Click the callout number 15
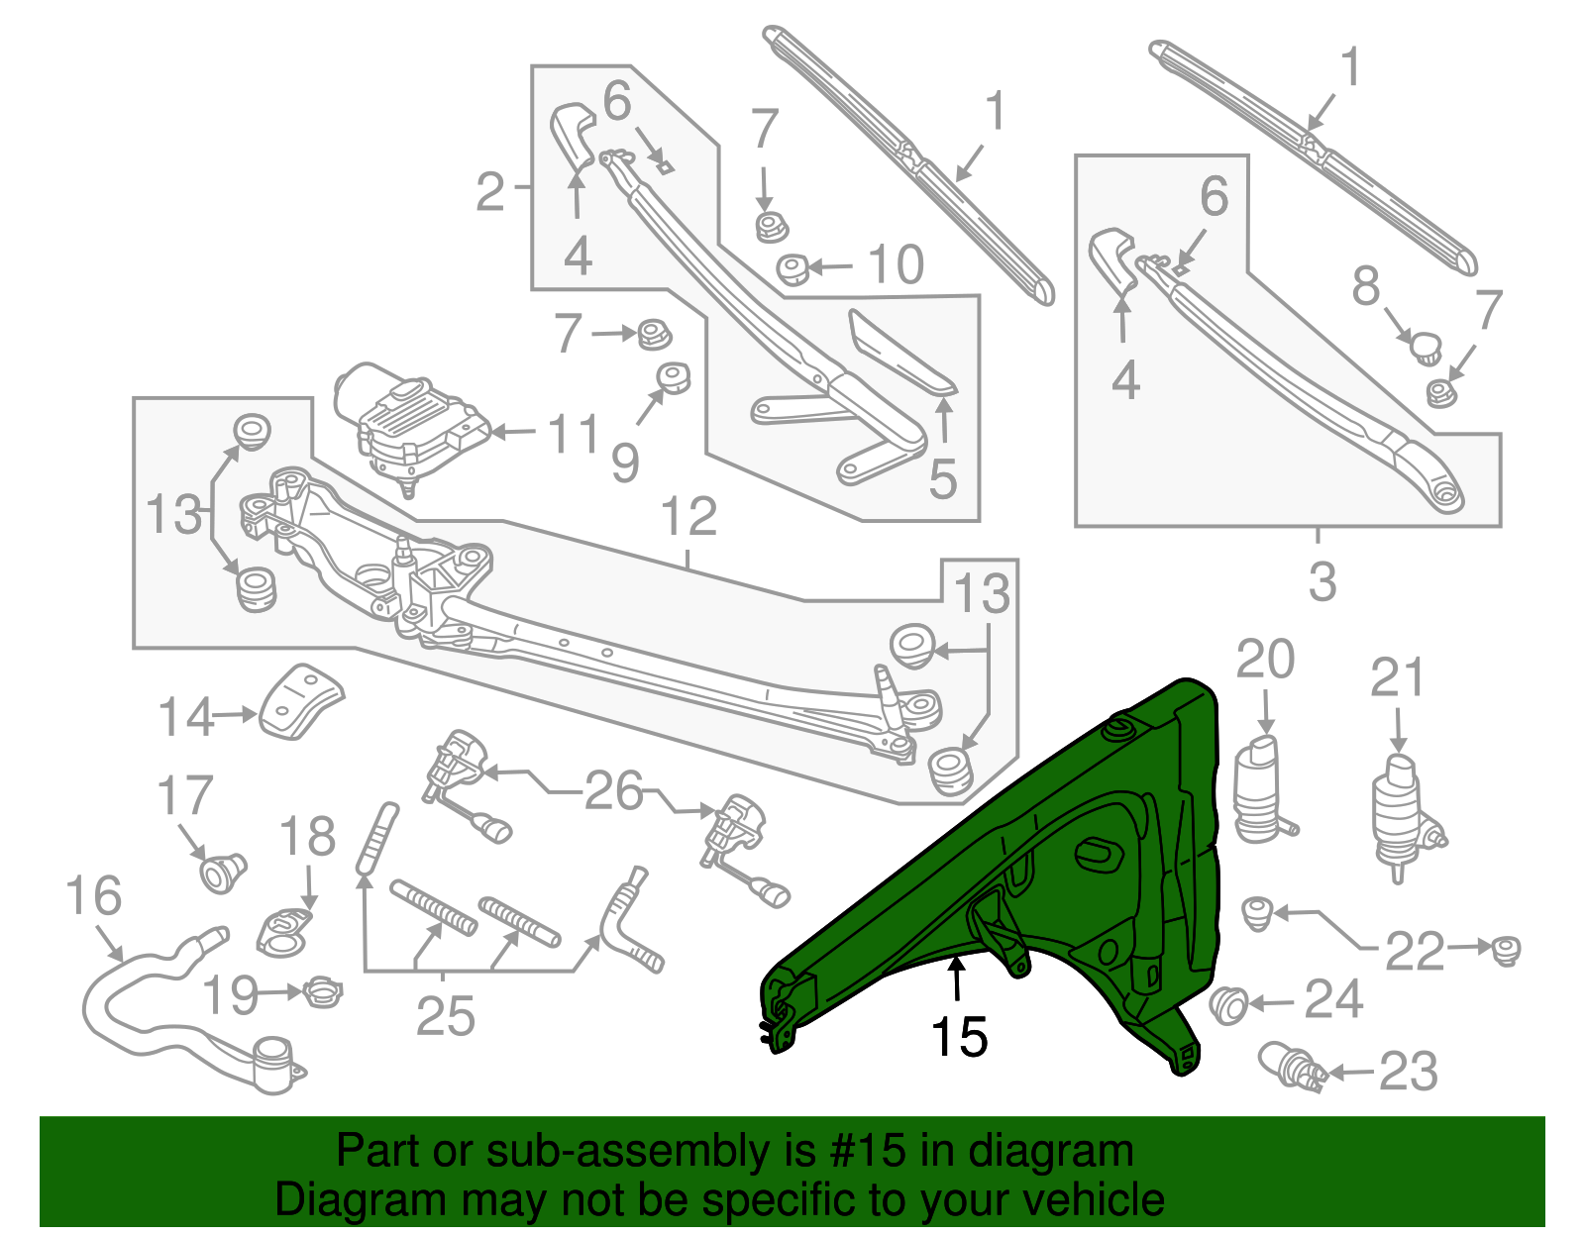click(x=959, y=1037)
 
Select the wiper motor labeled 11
click(x=410, y=428)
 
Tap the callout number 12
click(x=689, y=517)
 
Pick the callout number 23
click(x=1408, y=1071)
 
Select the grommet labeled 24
click(x=1228, y=1006)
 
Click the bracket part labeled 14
click(x=300, y=702)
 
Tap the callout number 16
click(x=94, y=895)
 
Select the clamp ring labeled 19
click(x=322, y=992)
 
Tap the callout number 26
click(x=613, y=790)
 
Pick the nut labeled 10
click(x=792, y=269)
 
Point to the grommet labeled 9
click(x=672, y=378)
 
